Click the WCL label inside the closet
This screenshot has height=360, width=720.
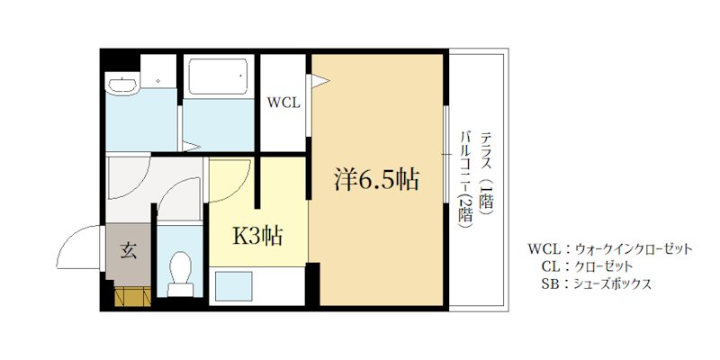coord(283,103)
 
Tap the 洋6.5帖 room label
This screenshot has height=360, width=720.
coord(375,179)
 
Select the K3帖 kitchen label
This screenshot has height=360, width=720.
coord(257,237)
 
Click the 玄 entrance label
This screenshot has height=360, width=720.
coord(128,251)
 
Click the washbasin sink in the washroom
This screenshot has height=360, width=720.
coord(121,84)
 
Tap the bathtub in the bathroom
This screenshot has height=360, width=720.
coord(219,76)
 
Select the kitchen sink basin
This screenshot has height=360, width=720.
coord(234,286)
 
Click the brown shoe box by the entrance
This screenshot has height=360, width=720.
coord(132,296)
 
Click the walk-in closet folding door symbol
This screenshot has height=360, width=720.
coord(318,81)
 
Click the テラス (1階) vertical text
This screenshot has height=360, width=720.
coord(486,173)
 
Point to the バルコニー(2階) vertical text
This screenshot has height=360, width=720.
coord(467,179)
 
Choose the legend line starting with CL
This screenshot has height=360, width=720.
coord(587,266)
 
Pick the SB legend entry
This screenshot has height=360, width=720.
coord(596,283)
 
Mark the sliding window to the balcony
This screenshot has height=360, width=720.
coord(445,154)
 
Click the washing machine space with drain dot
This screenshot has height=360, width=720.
coord(158,71)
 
